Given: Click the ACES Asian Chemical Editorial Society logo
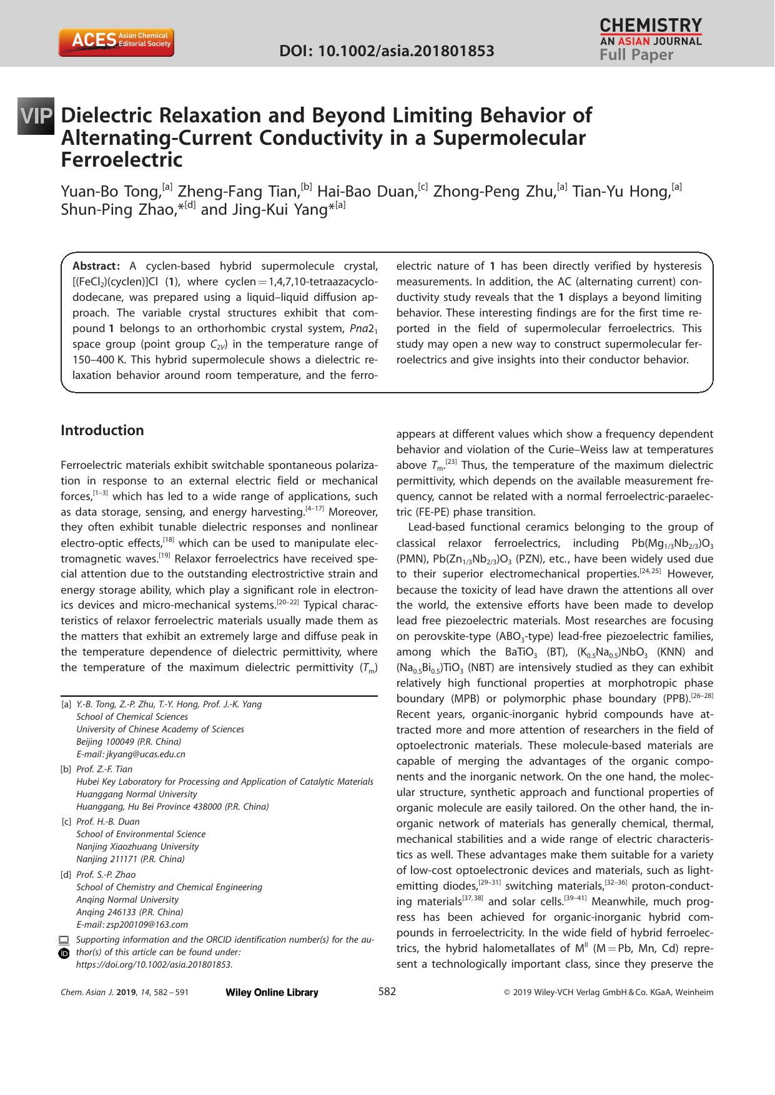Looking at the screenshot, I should pos(116,42).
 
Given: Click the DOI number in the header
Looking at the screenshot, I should pos(387,51).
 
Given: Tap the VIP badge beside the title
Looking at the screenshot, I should pos(36,116).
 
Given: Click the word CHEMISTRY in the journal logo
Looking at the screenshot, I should pos(651,25).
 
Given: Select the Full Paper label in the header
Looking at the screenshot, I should pos(636,55).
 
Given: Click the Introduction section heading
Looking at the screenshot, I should pos(102,430).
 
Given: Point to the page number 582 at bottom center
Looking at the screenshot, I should pos(387,991).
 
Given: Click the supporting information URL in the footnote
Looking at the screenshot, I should pos(154,965).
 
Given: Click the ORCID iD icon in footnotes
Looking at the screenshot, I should pos(64,953).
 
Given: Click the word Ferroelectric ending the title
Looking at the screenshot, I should pos(121,160).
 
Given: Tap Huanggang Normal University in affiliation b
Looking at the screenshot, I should pos(136,794).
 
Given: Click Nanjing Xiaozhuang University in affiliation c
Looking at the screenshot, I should pos(137,847).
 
